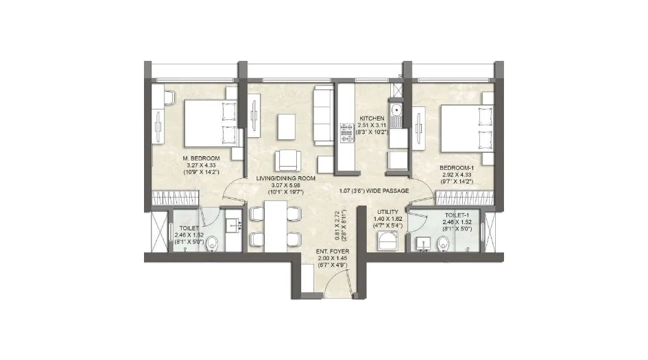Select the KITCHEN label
372,118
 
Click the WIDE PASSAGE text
374,191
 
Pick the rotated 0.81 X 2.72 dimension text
329,224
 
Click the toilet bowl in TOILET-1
443,242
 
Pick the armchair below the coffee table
288,160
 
